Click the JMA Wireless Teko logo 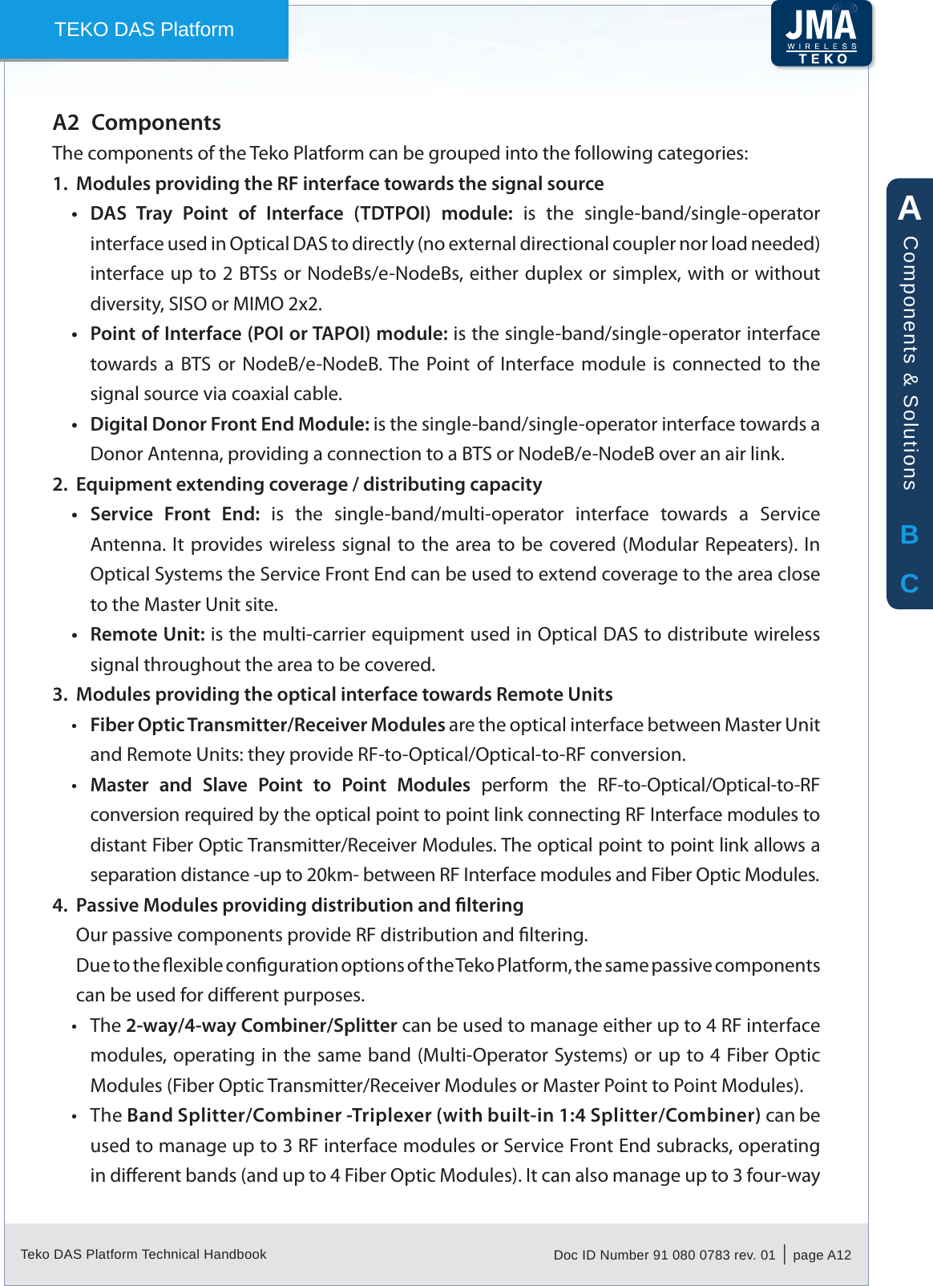[821, 34]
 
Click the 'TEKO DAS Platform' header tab [144, 30]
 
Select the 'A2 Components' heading [137, 123]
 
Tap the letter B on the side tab [909, 535]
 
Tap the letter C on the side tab [909, 583]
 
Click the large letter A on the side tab [909, 208]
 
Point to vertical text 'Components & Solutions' [910, 362]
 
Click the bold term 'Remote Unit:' [147, 634]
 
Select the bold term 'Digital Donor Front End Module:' [229, 424]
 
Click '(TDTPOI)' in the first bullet [392, 213]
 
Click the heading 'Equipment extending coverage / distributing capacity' [309, 484]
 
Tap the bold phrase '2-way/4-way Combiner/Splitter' [261, 1025]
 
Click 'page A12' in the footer [822, 1255]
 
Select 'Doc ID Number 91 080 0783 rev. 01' [664, 1255]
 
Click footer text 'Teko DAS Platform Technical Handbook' [143, 1254]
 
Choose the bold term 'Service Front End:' [175, 514]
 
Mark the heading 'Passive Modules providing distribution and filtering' [299, 905]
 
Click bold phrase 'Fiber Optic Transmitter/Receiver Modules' [267, 725]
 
